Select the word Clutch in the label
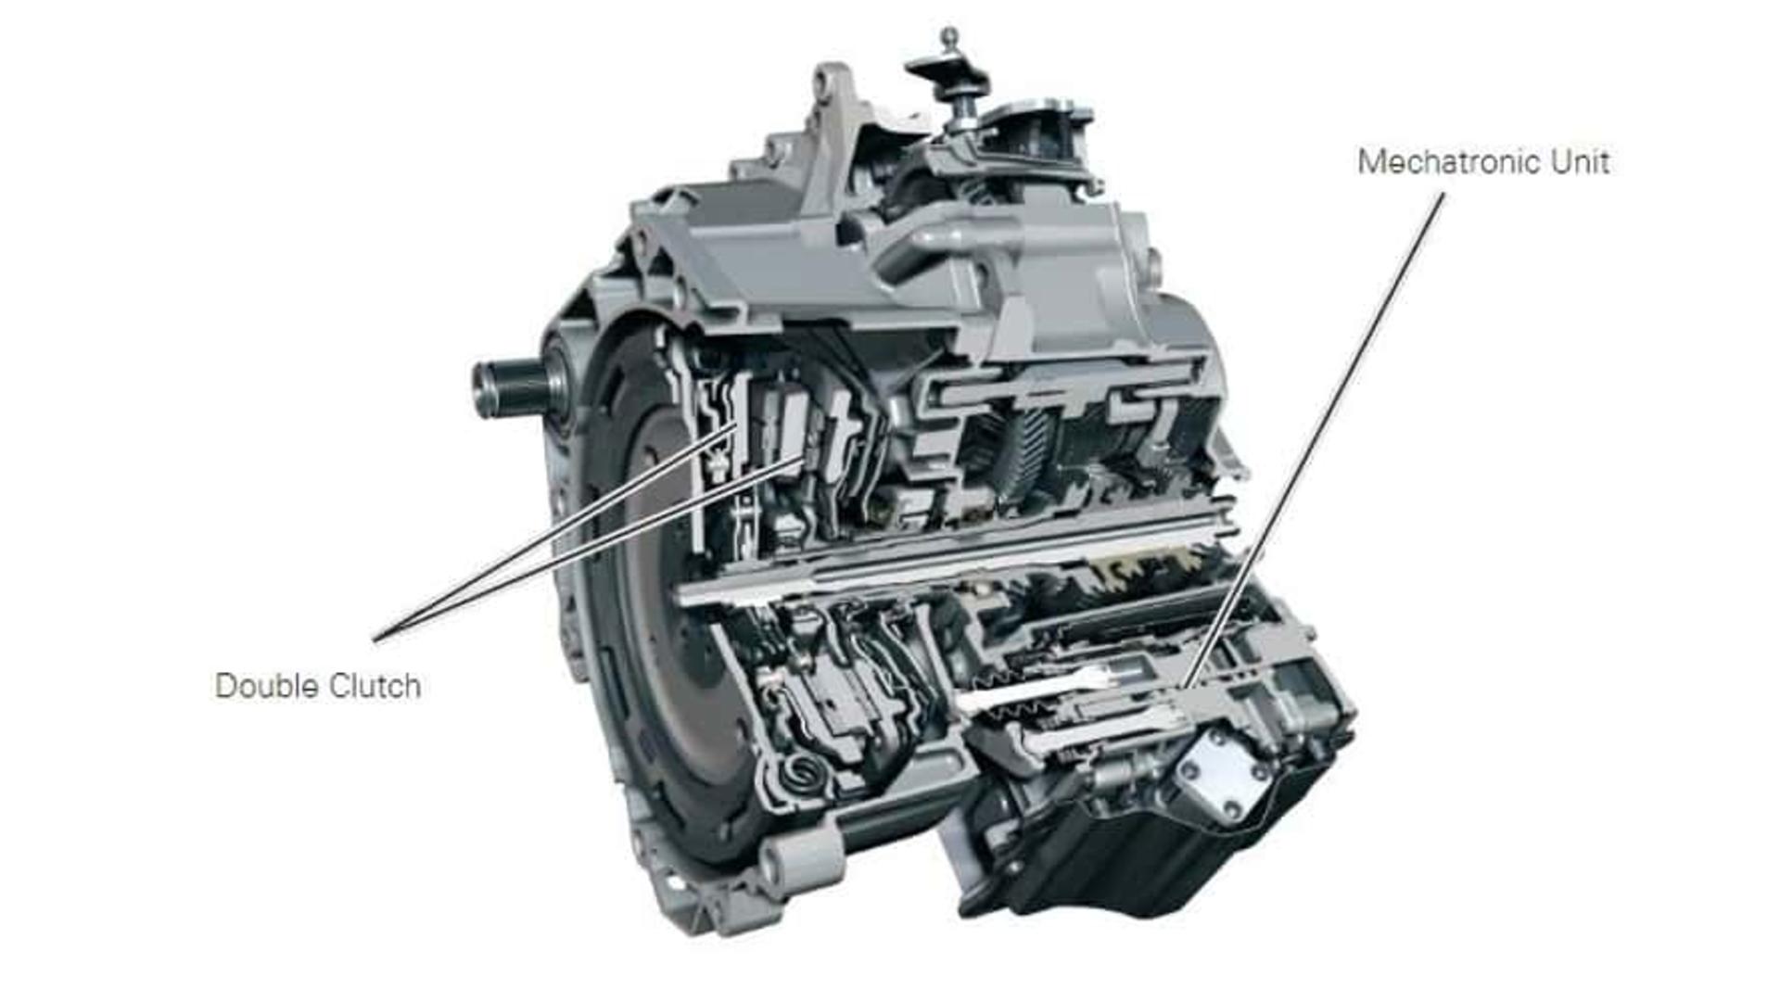click(375, 686)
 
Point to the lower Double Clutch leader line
click(589, 548)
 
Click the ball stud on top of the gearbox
click(948, 39)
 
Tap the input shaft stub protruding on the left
click(513, 387)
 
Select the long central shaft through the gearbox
click(955, 551)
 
